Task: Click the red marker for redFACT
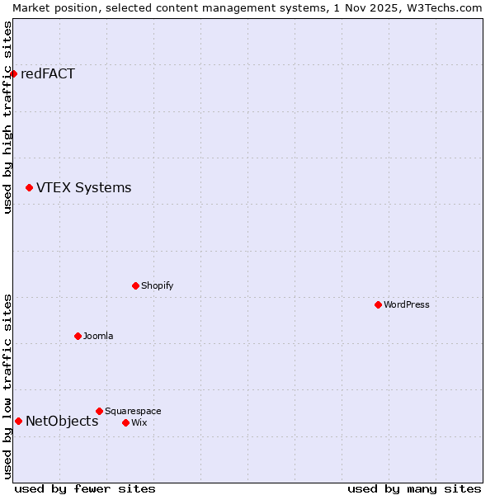pyautogui.click(x=13, y=73)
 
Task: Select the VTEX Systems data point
pyautogui.click(x=29, y=188)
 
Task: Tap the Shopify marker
pyautogui.click(x=135, y=285)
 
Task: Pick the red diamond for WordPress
pyautogui.click(x=378, y=304)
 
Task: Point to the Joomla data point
pyautogui.click(x=78, y=336)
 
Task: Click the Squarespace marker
pyautogui.click(x=99, y=411)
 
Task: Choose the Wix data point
pyautogui.click(x=125, y=422)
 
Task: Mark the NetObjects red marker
pyautogui.click(x=18, y=421)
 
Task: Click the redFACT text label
pyautogui.click(x=48, y=73)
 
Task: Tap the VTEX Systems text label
pyautogui.click(x=83, y=187)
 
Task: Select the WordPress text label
pyautogui.click(x=407, y=304)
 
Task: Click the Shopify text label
pyautogui.click(x=157, y=285)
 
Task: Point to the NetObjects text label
pyautogui.click(x=62, y=421)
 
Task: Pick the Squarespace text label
pyautogui.click(x=133, y=411)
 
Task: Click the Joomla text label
pyautogui.click(x=98, y=336)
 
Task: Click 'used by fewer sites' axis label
pyautogui.click(x=85, y=488)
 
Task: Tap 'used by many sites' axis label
pyautogui.click(x=414, y=488)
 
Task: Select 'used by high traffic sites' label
pyautogui.click(x=7, y=117)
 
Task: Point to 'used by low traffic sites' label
pyautogui.click(x=7, y=386)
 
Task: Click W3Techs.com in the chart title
pyautogui.click(x=441, y=7)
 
